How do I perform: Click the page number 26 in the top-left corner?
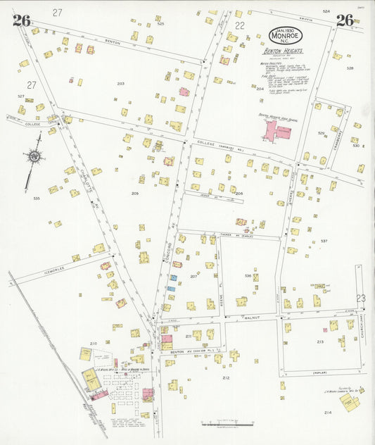(21, 20)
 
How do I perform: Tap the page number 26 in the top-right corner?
(344, 20)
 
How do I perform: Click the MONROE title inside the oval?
(288, 35)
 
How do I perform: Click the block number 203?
(120, 84)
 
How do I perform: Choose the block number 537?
(324, 241)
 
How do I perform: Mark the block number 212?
(226, 378)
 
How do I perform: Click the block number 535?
(36, 199)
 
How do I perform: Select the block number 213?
(320, 341)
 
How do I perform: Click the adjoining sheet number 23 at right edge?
(361, 299)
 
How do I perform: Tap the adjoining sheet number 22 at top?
(240, 25)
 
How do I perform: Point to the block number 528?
(350, 68)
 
